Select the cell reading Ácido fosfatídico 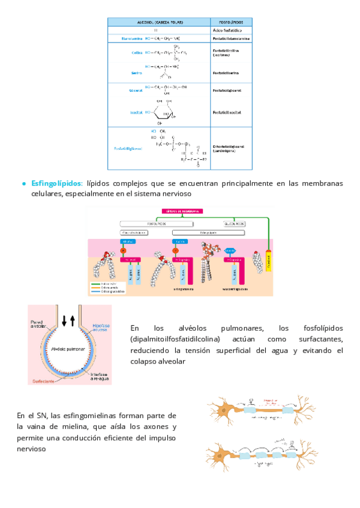click(x=227, y=29)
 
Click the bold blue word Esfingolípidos click(x=57, y=183)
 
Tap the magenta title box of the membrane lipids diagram click(x=182, y=211)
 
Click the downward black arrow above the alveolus click(x=64, y=320)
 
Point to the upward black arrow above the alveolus click(x=73, y=320)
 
